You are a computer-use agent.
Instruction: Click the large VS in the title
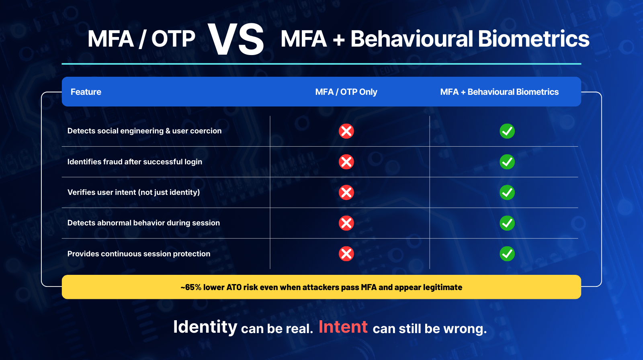[x=235, y=39]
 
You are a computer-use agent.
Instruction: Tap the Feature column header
[x=86, y=92]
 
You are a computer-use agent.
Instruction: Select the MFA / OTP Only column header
[x=346, y=92]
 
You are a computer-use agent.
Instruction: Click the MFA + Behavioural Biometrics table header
[x=500, y=92]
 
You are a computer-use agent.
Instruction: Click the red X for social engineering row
[x=346, y=131]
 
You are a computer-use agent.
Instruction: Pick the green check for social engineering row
[x=507, y=131]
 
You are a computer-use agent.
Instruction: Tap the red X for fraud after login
[x=346, y=162]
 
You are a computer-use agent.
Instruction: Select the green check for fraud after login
[x=507, y=162]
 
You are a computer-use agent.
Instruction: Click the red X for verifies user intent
[x=346, y=192]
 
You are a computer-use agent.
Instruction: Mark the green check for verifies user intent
[x=507, y=192]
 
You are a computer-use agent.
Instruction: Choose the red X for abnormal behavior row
[x=346, y=223]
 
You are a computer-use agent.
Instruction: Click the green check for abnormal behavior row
[x=507, y=223]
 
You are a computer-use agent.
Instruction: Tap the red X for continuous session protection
[x=346, y=254]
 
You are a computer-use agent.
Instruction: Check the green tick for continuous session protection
[x=507, y=254]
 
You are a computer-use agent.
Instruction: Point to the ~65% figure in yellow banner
[x=191, y=287]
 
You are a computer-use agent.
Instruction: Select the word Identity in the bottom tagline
[x=205, y=327]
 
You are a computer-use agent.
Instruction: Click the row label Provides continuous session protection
[x=139, y=254]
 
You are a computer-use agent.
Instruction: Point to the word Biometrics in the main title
[x=534, y=39]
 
